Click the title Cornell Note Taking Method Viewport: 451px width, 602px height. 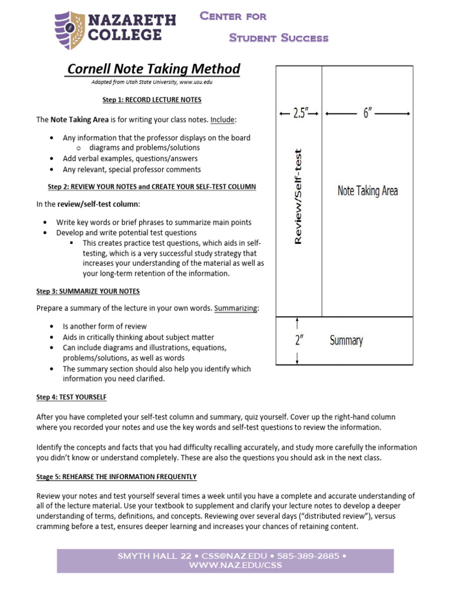[154, 69]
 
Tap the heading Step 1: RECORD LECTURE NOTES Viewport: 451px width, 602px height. [152, 100]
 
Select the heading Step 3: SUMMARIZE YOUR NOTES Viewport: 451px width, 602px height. [88, 291]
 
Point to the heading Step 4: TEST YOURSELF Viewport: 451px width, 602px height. [72, 397]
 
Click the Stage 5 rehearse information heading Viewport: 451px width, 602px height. [116, 476]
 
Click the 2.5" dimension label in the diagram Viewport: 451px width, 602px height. [299, 113]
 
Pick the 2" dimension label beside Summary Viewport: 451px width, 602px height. [299, 340]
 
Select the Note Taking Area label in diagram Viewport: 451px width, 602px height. [368, 190]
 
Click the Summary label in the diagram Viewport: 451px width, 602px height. [346, 340]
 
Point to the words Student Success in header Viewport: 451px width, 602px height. [278, 38]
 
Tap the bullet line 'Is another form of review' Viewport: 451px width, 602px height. [105, 326]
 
